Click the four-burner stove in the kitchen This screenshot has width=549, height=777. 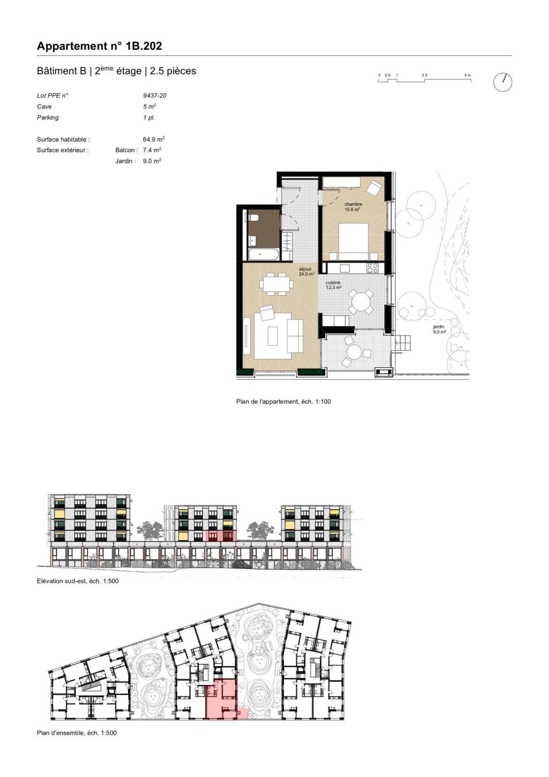[372, 268]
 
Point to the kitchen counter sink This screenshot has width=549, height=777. [345, 268]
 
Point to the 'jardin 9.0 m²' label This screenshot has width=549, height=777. [439, 329]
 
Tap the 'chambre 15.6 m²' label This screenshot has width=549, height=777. [353, 207]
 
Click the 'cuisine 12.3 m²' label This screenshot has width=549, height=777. [333, 285]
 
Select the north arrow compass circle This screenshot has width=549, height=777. [502, 83]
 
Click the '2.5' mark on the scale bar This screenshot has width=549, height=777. [425, 75]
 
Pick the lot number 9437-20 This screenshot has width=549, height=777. [154, 96]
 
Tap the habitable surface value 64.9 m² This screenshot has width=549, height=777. [154, 139]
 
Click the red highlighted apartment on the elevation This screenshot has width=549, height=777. [221, 536]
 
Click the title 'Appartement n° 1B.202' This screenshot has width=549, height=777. [99, 46]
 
